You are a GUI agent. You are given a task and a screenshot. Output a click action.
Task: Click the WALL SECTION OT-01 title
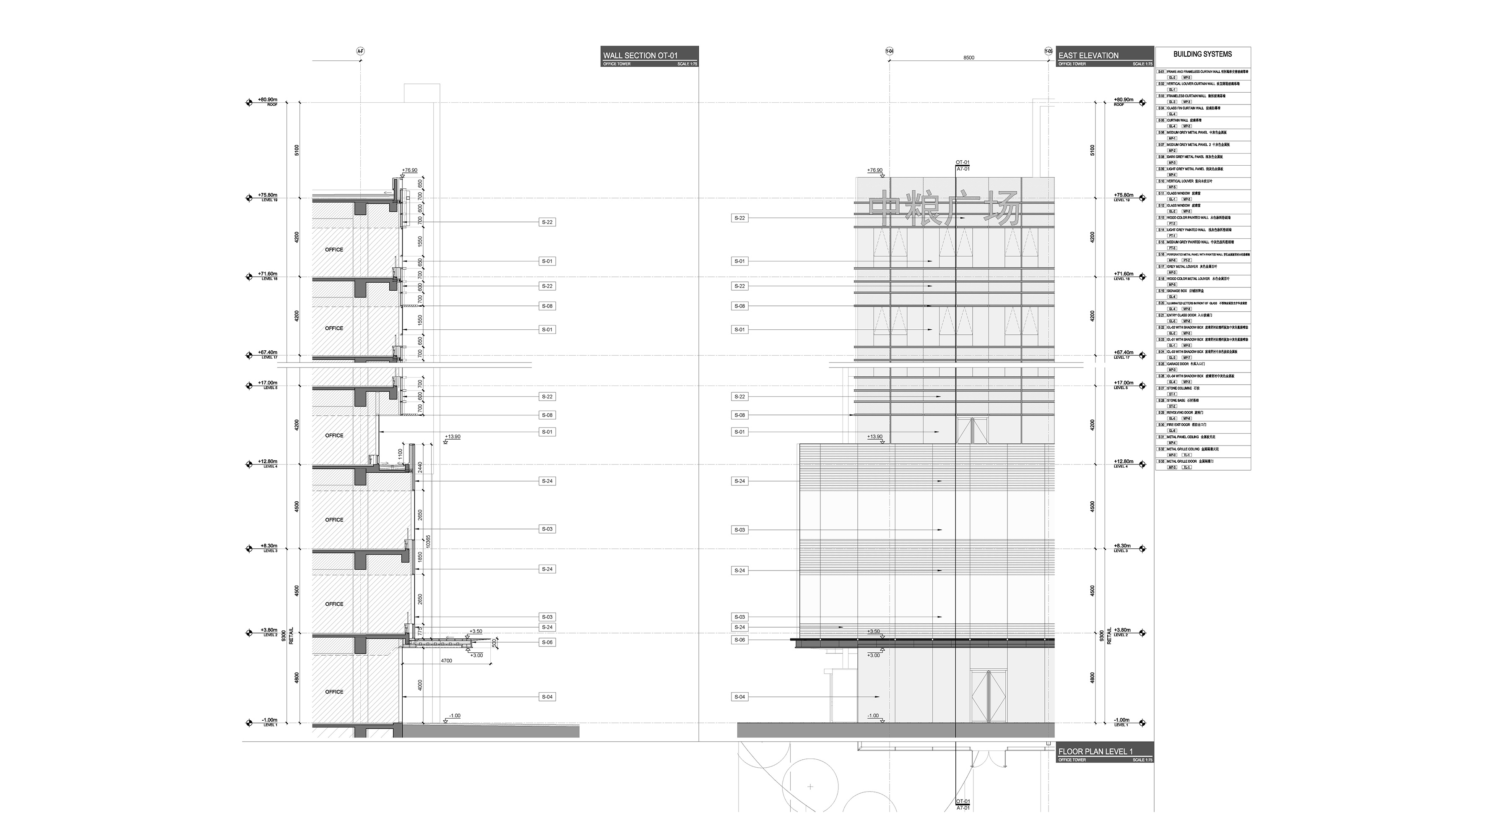tap(640, 56)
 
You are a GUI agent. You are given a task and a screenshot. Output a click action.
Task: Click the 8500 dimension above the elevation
tap(968, 58)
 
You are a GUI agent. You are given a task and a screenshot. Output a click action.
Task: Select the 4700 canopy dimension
tap(446, 661)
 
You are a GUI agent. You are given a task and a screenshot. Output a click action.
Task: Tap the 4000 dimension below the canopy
tap(420, 685)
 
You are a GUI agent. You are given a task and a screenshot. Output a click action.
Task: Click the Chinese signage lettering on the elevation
tap(943, 208)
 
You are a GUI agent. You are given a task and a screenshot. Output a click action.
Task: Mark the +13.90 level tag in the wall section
tap(453, 437)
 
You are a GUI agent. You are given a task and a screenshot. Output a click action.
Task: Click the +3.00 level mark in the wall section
tap(476, 655)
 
